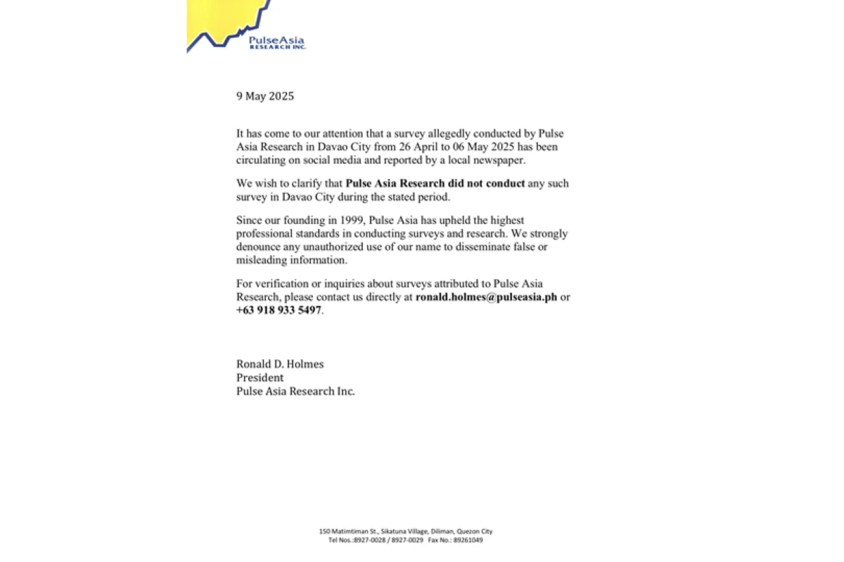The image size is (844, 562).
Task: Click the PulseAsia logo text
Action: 276,41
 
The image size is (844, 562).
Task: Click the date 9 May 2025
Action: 264,96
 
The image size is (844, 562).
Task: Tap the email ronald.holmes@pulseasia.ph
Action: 486,296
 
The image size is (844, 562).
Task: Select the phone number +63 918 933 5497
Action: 279,310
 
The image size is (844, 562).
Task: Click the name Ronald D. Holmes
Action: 280,364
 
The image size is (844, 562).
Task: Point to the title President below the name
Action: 260,377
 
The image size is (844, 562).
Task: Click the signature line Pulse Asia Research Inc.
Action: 295,391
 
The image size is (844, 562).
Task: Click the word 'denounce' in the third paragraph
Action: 257,247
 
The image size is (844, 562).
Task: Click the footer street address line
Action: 405,532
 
